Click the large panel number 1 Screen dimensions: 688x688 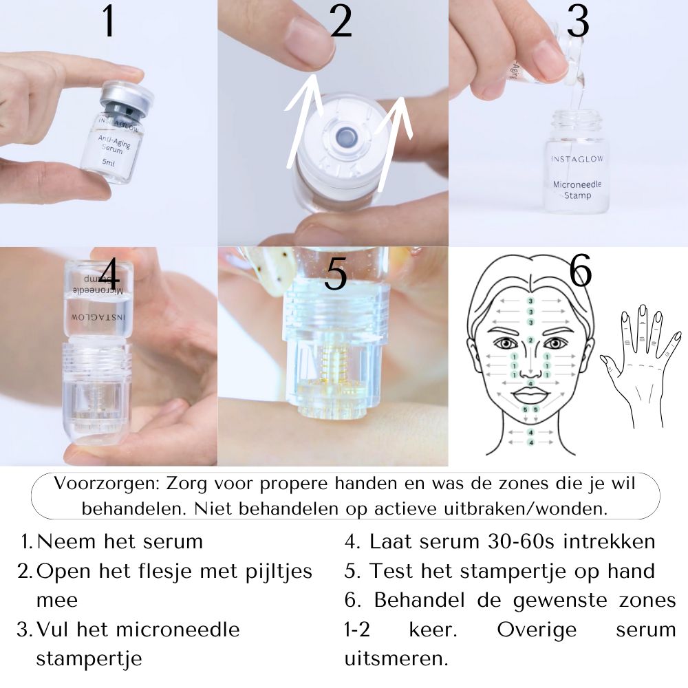coord(107,22)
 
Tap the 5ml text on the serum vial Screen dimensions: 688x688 coord(109,162)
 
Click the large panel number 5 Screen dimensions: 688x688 coord(335,276)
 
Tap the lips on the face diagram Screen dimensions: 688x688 coord(530,395)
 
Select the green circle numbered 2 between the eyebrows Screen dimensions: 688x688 coord(530,340)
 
